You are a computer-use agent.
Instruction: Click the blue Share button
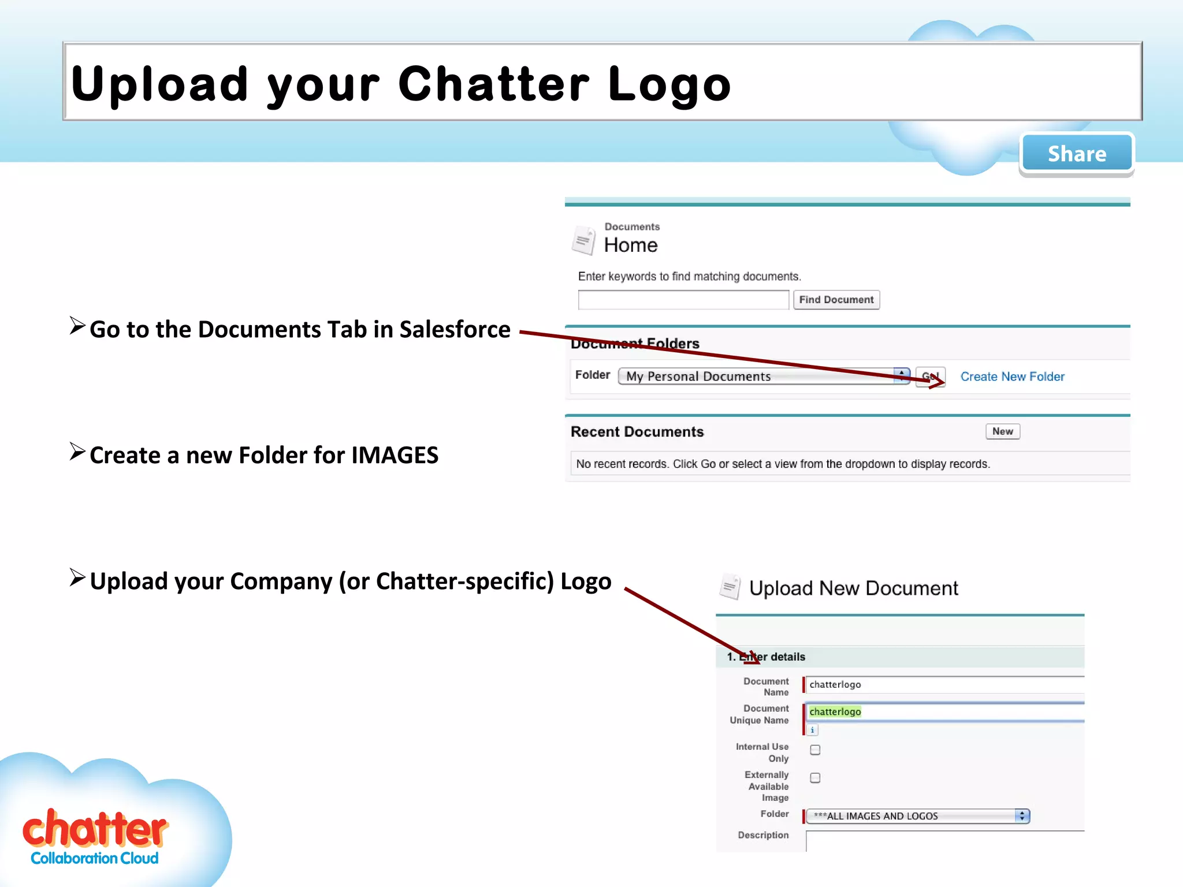[1077, 154]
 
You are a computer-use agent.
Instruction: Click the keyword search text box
[683, 300]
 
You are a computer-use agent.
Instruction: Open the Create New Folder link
[1012, 377]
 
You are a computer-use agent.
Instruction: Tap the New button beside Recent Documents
[1002, 431]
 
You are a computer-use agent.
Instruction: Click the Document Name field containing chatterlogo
[944, 684]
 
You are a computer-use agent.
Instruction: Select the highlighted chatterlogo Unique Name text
[835, 711]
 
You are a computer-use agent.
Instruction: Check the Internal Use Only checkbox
[815, 750]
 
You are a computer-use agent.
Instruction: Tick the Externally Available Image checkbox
[815, 778]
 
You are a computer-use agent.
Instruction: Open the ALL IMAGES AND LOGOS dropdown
[917, 816]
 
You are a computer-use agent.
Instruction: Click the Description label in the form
[763, 835]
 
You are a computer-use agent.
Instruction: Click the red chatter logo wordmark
[95, 829]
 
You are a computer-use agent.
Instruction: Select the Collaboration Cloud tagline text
[95, 859]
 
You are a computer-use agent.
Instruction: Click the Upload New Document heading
[853, 588]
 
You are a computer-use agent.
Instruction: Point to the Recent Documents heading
[637, 432]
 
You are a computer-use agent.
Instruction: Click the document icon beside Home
[583, 240]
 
